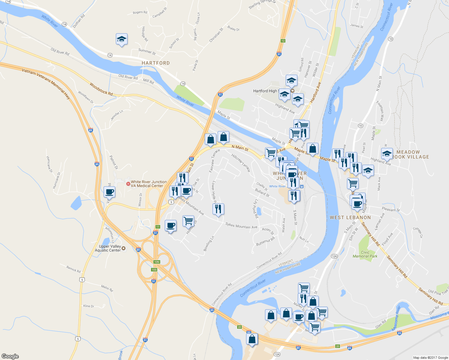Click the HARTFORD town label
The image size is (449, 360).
pos(155,63)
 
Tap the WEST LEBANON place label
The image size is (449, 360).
pos(350,217)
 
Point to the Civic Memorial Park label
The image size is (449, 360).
pos(365,254)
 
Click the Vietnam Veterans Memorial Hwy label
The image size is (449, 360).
pos(46,83)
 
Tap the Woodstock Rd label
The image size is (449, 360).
pos(101,89)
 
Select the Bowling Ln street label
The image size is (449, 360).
pos(209,244)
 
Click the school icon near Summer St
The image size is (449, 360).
pos(122,39)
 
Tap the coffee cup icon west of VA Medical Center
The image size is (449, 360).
pos(109,192)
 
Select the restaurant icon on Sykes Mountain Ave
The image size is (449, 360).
pos(218,209)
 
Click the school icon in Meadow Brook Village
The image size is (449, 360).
pos(387,154)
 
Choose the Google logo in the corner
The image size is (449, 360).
pos(10,356)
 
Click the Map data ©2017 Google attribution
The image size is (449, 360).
pos(430,358)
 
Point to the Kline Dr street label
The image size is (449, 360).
pos(89,306)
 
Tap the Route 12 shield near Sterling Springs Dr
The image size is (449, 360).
pos(283,41)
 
